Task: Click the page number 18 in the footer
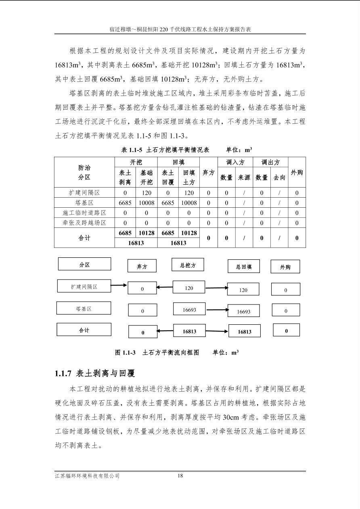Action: click(180, 476)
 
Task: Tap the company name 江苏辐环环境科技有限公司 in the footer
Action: click(87, 476)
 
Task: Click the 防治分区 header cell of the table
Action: click(84, 172)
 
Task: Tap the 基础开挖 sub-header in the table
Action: click(147, 177)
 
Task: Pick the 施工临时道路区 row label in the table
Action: click(84, 213)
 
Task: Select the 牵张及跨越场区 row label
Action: click(84, 223)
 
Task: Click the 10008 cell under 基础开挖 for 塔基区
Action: click(147, 203)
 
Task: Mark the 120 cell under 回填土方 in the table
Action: click(189, 193)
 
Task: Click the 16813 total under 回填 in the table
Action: click(178, 243)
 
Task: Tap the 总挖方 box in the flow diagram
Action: click(188, 265)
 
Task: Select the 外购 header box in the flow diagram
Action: click(285, 267)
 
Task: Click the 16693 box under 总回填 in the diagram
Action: click(243, 311)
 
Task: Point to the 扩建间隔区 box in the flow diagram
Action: click(84, 287)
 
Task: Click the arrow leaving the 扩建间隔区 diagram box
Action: click(119, 286)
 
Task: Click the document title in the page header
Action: click(180, 29)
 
